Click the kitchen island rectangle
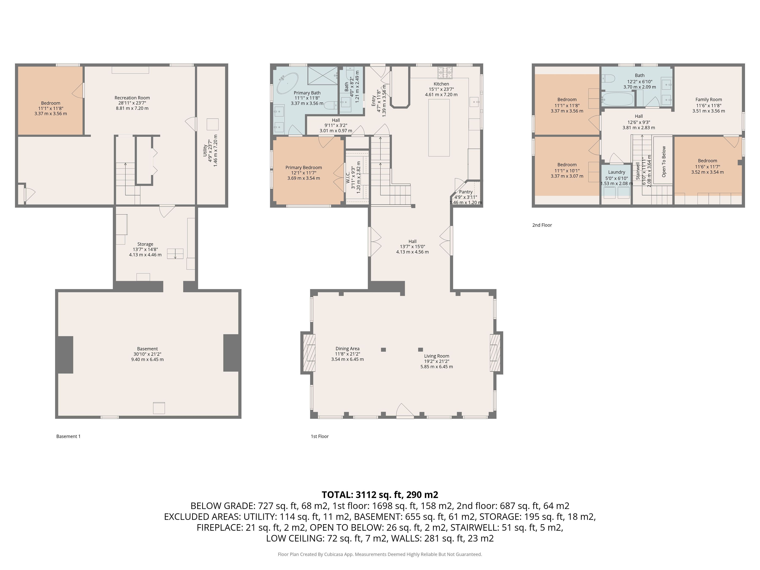pos(439,128)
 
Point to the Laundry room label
pos(616,172)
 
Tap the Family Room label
pos(708,100)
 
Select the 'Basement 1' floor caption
pos(68,436)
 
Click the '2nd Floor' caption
pos(542,225)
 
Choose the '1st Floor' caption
pos(320,436)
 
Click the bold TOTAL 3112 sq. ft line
pos(380,495)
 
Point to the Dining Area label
pos(347,349)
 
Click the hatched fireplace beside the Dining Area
pos(308,353)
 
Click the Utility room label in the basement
pos(205,151)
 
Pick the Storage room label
pos(145,244)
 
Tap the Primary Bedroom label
pos(304,168)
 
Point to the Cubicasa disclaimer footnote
pos(380,554)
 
